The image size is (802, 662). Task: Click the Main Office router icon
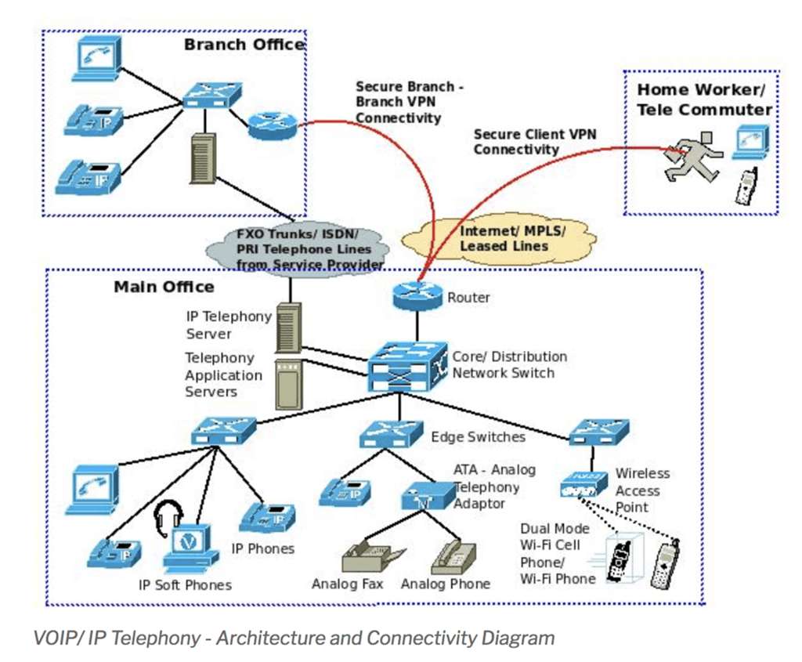click(x=417, y=295)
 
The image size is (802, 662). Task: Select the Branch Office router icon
click(x=272, y=126)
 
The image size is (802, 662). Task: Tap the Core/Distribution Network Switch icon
click(x=406, y=367)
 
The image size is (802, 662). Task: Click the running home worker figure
click(x=694, y=157)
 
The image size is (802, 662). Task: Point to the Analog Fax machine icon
click(x=372, y=556)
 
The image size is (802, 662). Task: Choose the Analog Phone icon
click(x=454, y=558)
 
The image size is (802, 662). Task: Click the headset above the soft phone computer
click(x=169, y=518)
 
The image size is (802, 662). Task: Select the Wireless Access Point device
click(x=583, y=484)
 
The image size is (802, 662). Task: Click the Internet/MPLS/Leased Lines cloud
click(x=499, y=239)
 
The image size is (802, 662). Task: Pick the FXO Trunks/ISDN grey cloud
click(x=297, y=249)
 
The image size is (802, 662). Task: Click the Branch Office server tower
click(x=203, y=158)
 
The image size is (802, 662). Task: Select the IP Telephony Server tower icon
click(x=288, y=328)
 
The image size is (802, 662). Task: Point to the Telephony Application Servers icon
click(x=289, y=385)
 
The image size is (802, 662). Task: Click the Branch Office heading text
click(x=244, y=45)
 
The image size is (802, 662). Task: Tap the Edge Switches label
click(x=478, y=437)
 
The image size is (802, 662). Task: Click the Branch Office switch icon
click(x=211, y=94)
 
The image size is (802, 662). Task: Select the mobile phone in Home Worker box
click(x=746, y=186)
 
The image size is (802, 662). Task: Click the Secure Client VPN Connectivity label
click(x=534, y=142)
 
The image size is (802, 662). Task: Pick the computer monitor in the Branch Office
click(x=98, y=59)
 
